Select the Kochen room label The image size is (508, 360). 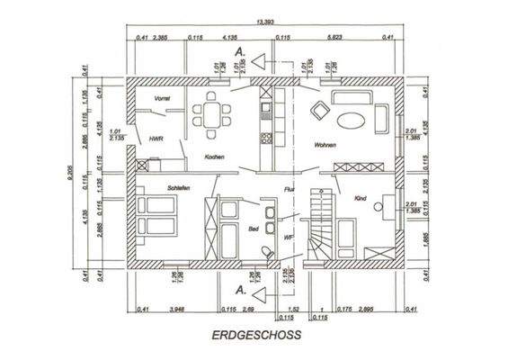pos(214,157)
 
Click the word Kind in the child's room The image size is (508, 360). pos(361,197)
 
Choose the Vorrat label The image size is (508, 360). pos(163,96)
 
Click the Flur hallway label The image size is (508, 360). pos(290,190)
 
